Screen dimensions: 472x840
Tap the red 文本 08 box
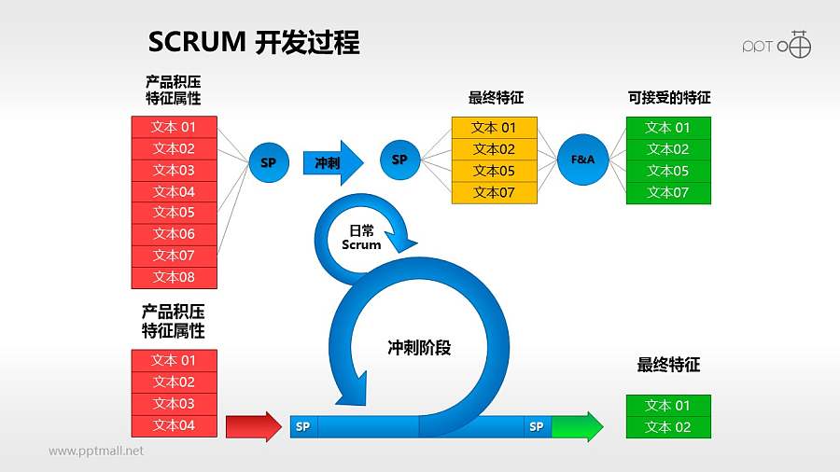coord(174,277)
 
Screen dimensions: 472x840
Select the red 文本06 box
coord(174,234)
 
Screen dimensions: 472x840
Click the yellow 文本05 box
coord(494,171)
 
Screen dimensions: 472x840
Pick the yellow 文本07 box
coord(494,192)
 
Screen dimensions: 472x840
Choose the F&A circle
coord(582,160)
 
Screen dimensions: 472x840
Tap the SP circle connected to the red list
coord(269,162)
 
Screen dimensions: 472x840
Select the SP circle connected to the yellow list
coord(400,160)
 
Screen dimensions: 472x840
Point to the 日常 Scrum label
coord(360,238)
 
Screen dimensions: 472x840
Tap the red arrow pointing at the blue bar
coord(253,426)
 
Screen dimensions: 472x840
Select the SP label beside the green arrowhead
coord(537,426)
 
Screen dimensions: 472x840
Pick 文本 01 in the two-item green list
coord(668,406)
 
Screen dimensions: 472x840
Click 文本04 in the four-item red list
coord(174,425)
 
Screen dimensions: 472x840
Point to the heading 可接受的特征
coord(668,98)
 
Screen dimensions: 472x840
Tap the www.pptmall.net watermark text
coord(96,451)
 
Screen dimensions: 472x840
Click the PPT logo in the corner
coord(777,45)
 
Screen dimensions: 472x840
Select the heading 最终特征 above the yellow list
coord(496,98)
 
